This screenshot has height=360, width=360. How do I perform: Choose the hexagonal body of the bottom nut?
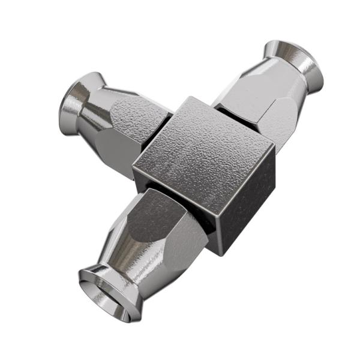(165, 225)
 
